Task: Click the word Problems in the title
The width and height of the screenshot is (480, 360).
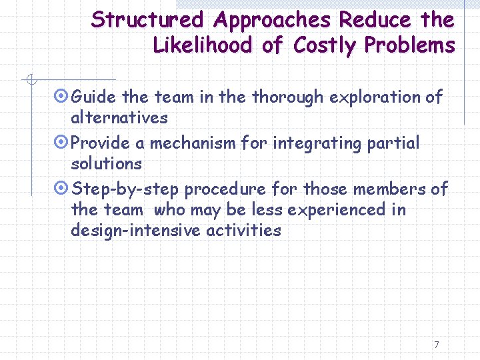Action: [410, 45]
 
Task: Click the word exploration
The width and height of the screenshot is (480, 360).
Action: [381, 97]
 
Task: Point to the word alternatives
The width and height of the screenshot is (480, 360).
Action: [119, 117]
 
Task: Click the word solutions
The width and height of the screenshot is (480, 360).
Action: [106, 163]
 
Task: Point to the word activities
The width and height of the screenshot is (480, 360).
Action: [248, 231]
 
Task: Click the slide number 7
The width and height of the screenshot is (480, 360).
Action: [436, 345]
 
